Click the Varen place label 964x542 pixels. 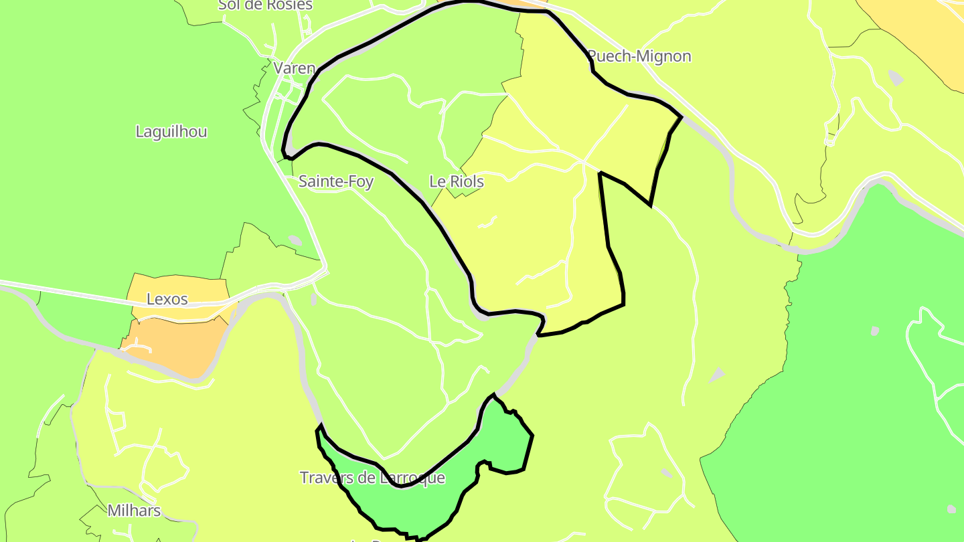coord(294,68)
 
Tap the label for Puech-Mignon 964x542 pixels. coord(639,56)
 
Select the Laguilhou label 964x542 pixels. coord(171,132)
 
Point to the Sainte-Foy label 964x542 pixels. coord(336,181)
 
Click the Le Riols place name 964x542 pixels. coord(456,181)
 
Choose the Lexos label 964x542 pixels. coord(167,299)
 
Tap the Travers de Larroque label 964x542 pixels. coord(372,478)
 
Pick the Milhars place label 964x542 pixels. coord(134,511)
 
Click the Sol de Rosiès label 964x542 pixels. coord(265,5)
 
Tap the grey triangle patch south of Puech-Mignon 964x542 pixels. coord(717,375)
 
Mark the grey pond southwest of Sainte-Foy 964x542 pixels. coord(295,240)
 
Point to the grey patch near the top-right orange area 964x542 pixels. coord(895,78)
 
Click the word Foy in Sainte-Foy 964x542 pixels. coord(361,181)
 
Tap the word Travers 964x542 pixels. coord(325,478)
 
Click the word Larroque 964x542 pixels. coord(412,478)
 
